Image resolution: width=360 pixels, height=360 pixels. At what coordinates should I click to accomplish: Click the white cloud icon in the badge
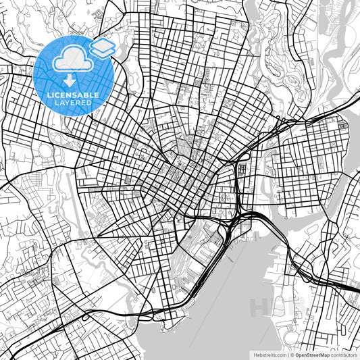70,59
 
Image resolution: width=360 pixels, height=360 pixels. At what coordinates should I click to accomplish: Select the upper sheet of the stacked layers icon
103,44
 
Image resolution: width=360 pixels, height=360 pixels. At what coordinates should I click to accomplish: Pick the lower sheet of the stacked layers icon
103,53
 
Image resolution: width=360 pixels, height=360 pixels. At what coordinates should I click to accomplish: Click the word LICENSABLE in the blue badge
74,95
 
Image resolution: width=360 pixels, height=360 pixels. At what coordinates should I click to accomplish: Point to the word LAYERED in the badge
74,104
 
